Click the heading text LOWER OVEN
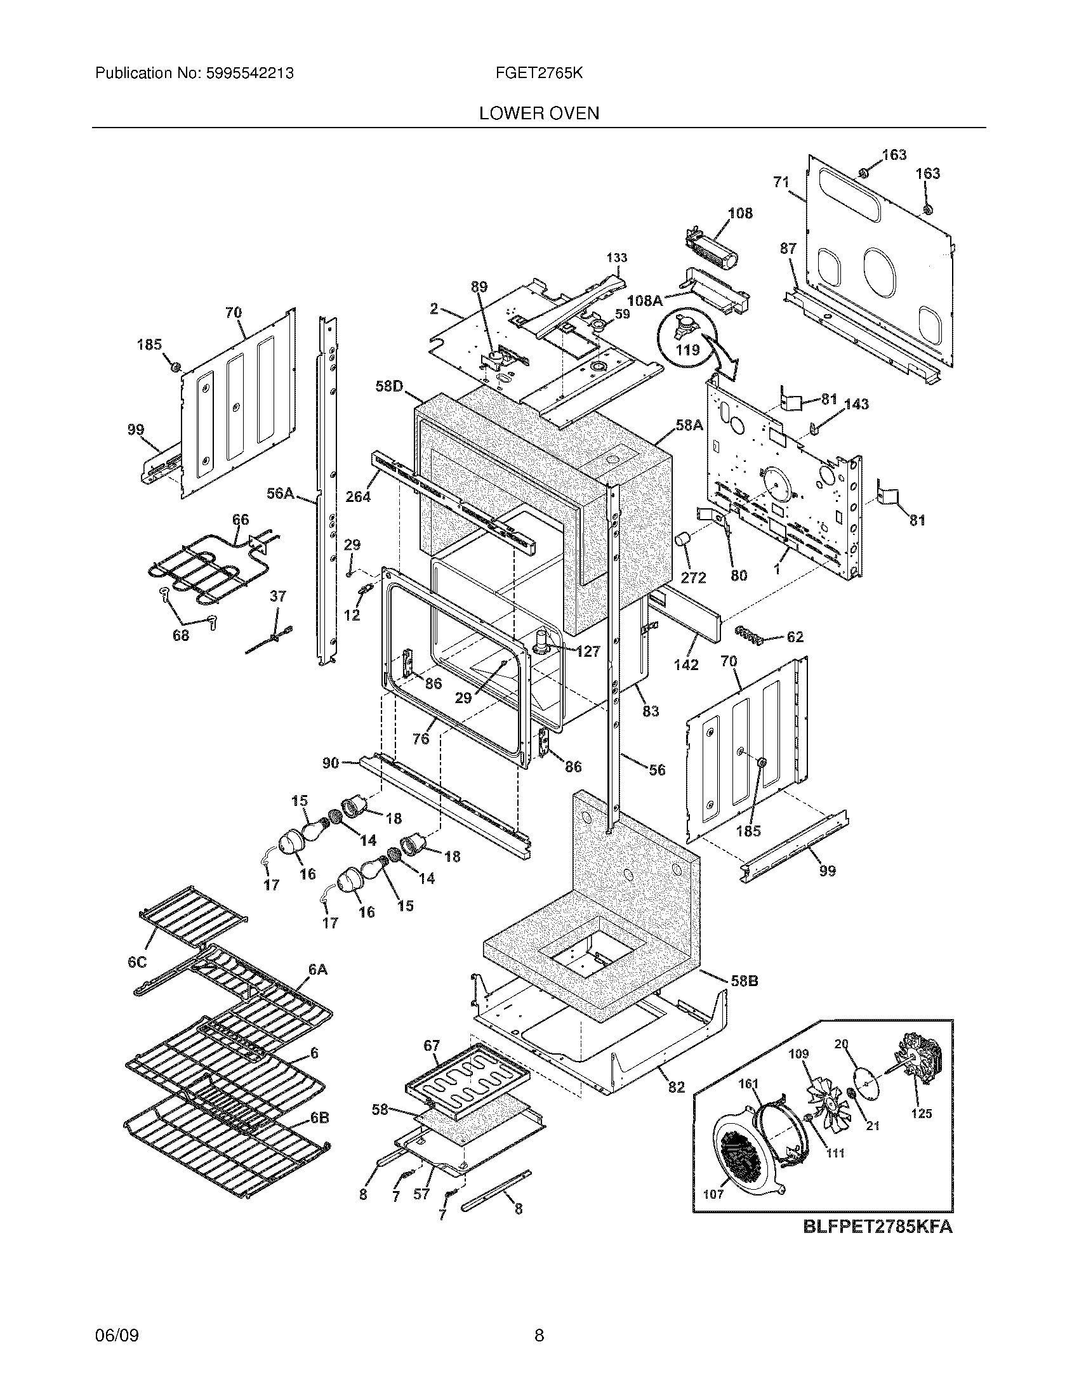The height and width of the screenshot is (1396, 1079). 539,114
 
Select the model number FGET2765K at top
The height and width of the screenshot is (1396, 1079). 538,74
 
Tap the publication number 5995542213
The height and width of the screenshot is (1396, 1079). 250,74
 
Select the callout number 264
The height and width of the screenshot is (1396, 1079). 358,496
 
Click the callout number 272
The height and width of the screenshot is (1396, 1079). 693,578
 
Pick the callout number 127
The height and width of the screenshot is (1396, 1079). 588,651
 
